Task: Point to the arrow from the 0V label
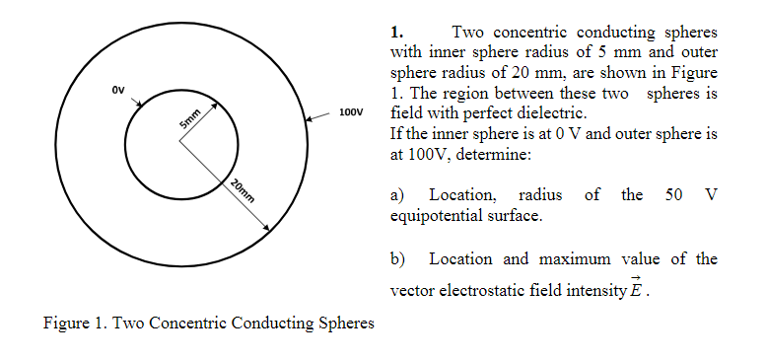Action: point(136,101)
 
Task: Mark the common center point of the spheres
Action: point(180,139)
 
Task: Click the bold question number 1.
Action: point(397,32)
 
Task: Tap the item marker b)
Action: point(399,259)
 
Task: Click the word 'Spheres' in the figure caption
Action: point(345,323)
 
